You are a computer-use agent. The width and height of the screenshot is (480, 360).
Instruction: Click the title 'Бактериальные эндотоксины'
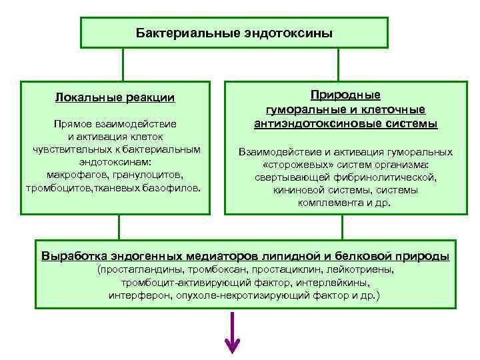click(234, 33)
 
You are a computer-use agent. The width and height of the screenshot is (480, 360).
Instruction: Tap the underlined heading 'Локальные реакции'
click(115, 98)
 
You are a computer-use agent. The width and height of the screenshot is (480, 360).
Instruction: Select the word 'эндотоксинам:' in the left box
click(115, 162)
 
